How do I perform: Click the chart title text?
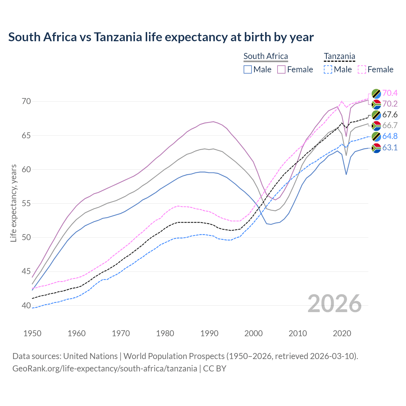tap(161, 37)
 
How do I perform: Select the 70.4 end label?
tap(390, 93)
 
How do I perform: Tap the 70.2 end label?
tap(390, 104)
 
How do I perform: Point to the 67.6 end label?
tap(390, 115)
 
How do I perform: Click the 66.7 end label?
tap(390, 125)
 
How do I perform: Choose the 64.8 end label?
tap(390, 136)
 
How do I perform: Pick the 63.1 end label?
tap(390, 147)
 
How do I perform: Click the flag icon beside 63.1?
tap(376, 147)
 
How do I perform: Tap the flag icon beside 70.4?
tap(376, 93)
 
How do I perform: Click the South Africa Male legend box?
tap(248, 69)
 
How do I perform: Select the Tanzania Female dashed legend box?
tap(362, 69)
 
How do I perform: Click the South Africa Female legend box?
tap(281, 69)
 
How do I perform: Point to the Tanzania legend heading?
tap(339, 56)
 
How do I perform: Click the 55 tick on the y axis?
tap(26, 203)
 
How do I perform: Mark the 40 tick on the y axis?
tap(26, 305)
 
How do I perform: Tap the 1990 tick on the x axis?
tap(209, 333)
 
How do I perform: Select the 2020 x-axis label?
tap(342, 333)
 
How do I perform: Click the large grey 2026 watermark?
tap(335, 304)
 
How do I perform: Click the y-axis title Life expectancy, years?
tap(14, 203)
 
